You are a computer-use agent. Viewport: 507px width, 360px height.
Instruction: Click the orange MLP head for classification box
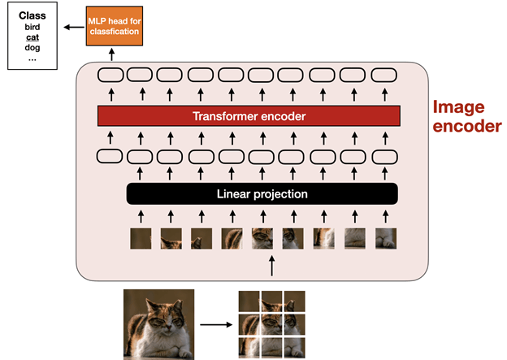tap(113, 25)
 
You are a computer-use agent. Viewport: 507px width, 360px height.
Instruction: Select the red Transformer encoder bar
tap(249, 116)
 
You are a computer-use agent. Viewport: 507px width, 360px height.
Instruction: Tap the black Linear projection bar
tap(262, 194)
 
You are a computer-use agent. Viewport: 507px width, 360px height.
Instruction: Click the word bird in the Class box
tap(32, 26)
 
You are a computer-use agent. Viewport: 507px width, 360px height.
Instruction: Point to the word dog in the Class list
tap(31, 47)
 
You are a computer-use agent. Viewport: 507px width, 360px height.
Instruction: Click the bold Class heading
tap(32, 15)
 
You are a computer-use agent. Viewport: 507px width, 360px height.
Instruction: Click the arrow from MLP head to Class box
tap(71, 25)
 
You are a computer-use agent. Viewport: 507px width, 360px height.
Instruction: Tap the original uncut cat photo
tap(159, 324)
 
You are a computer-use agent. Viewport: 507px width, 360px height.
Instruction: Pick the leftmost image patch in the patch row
tap(140, 238)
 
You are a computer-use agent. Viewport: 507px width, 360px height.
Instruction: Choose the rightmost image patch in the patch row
tap(385, 238)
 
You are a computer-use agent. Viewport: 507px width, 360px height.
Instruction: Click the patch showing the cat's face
tap(262, 238)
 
